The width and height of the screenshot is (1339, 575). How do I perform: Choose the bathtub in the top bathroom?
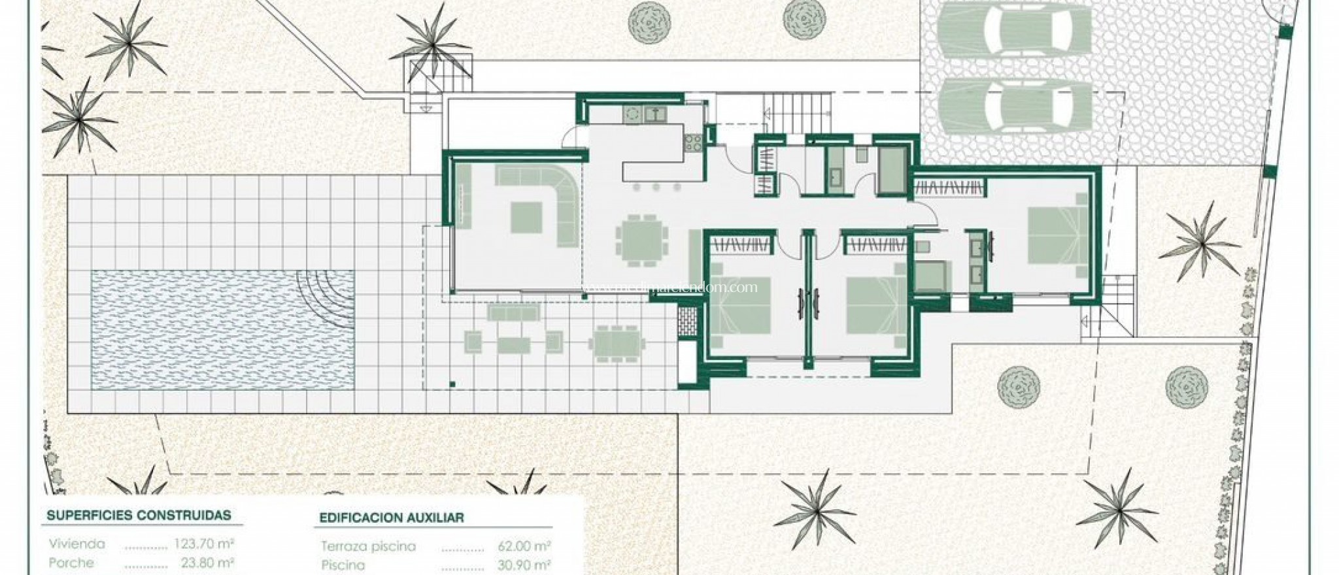pos(891,171)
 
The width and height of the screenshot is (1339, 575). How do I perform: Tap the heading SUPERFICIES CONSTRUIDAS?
pos(139,515)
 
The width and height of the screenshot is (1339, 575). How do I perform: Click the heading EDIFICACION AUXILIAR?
pos(392,517)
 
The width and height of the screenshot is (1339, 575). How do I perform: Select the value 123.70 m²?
pos(204,543)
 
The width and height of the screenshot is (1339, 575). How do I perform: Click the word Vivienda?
pos(76,543)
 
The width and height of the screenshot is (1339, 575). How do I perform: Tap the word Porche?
pos(71,563)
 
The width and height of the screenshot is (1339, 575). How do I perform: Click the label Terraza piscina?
pos(368,546)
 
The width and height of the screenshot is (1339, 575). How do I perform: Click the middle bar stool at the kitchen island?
pos(657,188)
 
